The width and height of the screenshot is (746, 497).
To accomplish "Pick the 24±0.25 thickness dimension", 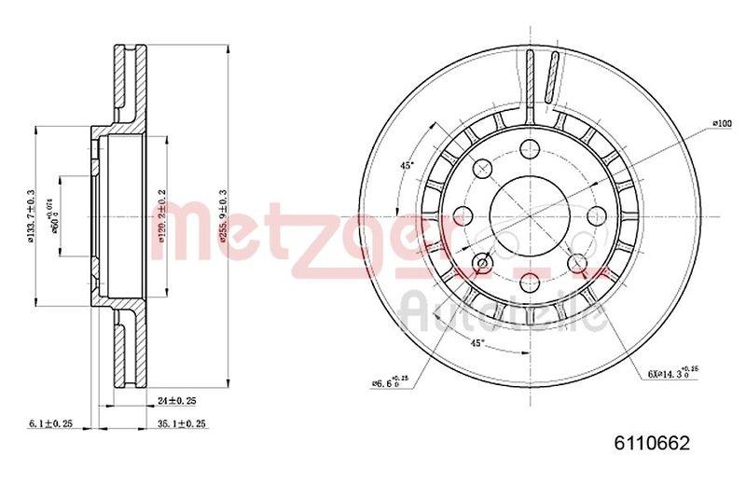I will click(178, 402).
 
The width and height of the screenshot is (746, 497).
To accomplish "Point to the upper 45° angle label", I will click(407, 165).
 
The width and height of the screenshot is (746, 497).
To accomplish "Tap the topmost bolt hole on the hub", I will click(530, 146).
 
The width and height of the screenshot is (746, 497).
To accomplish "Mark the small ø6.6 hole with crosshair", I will click(483, 263).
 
